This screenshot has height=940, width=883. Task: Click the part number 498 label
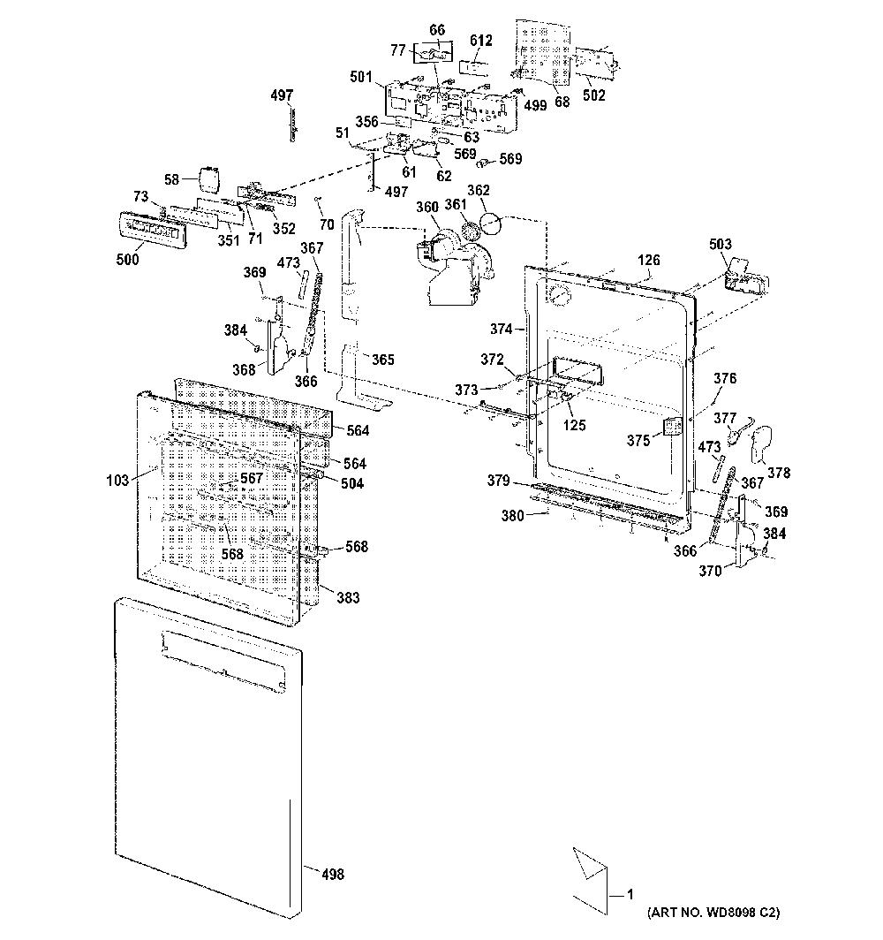click(333, 874)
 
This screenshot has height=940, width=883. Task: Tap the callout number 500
click(127, 259)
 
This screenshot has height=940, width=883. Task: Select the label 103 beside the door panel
click(117, 480)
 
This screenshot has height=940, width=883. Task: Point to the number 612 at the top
click(481, 40)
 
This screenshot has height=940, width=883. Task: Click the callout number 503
click(720, 244)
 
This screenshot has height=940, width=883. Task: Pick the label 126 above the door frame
click(649, 260)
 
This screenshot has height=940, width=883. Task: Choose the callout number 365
click(383, 359)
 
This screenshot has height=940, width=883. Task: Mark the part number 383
click(348, 597)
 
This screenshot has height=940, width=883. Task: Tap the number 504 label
click(352, 483)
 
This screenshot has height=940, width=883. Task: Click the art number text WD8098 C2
click(740, 913)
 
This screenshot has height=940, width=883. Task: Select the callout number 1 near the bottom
click(630, 894)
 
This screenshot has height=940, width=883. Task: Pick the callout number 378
click(779, 473)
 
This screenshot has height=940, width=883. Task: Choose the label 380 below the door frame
click(513, 515)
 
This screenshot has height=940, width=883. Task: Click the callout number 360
click(427, 207)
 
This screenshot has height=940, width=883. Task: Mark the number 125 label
click(575, 425)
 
